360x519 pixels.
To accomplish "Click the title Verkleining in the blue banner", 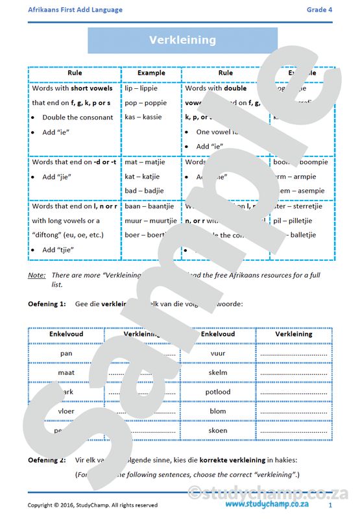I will tap(182, 40).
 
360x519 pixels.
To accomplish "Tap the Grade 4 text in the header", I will tap(320, 10).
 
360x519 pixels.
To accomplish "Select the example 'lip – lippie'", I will tap(141, 88).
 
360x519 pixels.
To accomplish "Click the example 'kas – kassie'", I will tap(143, 117).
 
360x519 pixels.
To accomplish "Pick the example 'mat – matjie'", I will tap(144, 162).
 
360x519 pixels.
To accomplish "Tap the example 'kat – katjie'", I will tap(143, 176).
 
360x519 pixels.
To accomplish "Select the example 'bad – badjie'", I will tap(144, 191).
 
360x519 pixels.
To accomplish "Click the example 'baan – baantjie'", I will tap(149, 206).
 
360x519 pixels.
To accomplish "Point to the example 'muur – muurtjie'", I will tap(150, 221).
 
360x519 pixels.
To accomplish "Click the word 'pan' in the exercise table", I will tap(66, 354).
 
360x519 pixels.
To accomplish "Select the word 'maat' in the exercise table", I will tap(66, 373).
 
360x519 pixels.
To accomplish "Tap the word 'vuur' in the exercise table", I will tap(218, 354).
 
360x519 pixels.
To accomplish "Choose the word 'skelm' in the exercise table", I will tap(218, 373).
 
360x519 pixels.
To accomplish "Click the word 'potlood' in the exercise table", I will tap(218, 392).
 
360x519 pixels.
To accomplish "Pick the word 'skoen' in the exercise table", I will tap(218, 431).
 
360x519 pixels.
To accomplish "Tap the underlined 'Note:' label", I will tap(36, 275).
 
